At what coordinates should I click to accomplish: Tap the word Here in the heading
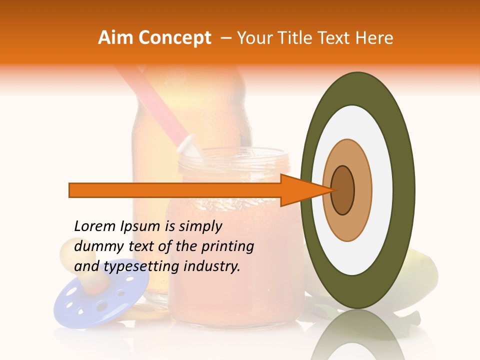point(374,38)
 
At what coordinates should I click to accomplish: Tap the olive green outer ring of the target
point(405,190)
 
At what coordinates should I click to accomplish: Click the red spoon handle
point(150,100)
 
